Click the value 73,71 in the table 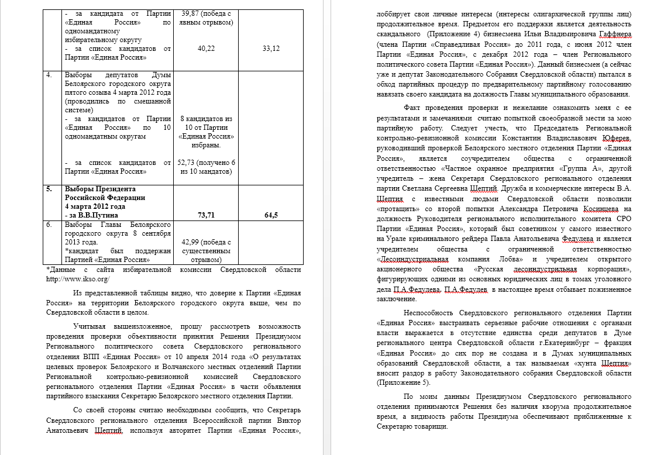(207, 215)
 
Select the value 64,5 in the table (271, 215)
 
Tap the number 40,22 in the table (207, 49)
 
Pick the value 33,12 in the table (271, 49)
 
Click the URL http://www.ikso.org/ (77, 278)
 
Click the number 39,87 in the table (192, 13)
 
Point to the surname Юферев (614, 138)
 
